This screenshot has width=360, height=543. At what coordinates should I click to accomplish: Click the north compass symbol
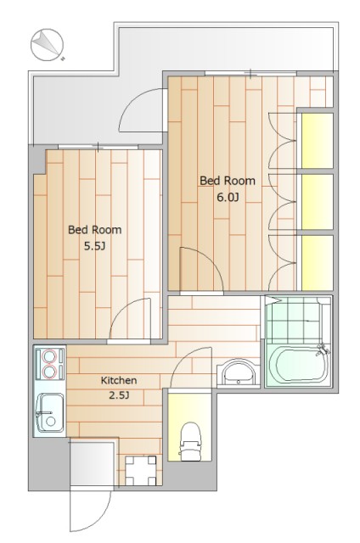(x=48, y=45)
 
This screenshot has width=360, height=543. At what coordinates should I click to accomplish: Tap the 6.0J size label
(x=228, y=198)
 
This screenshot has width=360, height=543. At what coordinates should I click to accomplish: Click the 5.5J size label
(x=94, y=246)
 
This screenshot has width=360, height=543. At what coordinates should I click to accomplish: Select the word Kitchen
(x=119, y=380)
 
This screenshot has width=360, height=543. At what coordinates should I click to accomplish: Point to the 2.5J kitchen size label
(x=119, y=395)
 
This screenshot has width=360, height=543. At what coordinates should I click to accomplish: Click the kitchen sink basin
(x=49, y=412)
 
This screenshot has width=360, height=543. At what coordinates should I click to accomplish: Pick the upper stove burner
(x=49, y=356)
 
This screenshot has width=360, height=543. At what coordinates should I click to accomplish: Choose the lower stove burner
(x=49, y=372)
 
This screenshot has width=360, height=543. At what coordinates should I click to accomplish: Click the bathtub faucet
(x=323, y=350)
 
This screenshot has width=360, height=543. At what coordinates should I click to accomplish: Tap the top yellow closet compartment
(x=317, y=141)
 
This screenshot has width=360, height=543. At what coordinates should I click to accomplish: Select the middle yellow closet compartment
(x=317, y=202)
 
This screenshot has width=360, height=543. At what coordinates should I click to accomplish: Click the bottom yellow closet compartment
(x=317, y=263)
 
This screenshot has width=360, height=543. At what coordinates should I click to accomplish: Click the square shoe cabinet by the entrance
(x=141, y=471)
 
